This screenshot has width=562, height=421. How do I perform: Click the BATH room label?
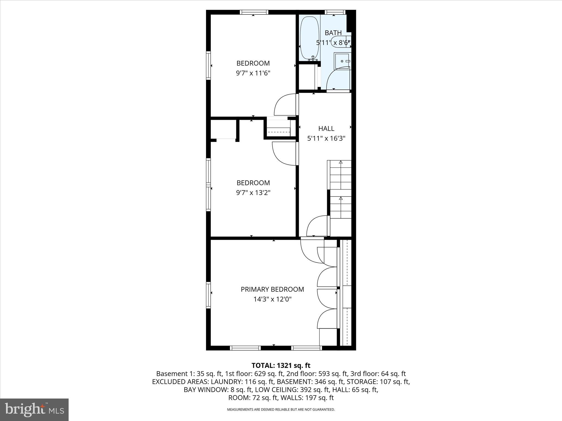pyautogui.click(x=333, y=33)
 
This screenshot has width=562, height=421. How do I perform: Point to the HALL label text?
pyautogui.click(x=326, y=129)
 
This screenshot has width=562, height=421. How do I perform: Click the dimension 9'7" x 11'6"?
pyautogui.click(x=253, y=73)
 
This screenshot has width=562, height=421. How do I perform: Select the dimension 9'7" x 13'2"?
pyautogui.click(x=253, y=193)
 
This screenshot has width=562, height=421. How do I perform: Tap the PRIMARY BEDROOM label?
pyautogui.click(x=272, y=289)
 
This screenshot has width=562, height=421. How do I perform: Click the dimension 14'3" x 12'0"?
pyautogui.click(x=272, y=299)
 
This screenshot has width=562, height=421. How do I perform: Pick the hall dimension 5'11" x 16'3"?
pyautogui.click(x=326, y=138)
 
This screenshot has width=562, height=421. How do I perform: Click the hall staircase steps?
pyautogui.click(x=341, y=189)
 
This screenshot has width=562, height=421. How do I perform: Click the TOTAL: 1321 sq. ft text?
pyautogui.click(x=281, y=365)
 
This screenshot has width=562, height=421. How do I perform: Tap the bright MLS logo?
pyautogui.click(x=34, y=409)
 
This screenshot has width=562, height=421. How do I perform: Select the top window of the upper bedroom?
pyautogui.click(x=254, y=12)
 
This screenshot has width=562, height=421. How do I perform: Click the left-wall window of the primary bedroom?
pyautogui.click(x=208, y=295)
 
